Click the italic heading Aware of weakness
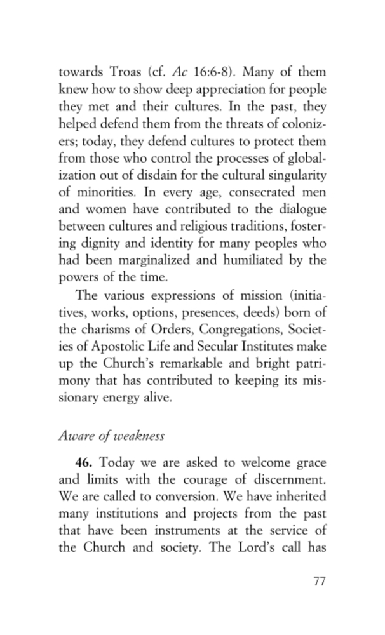111,436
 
